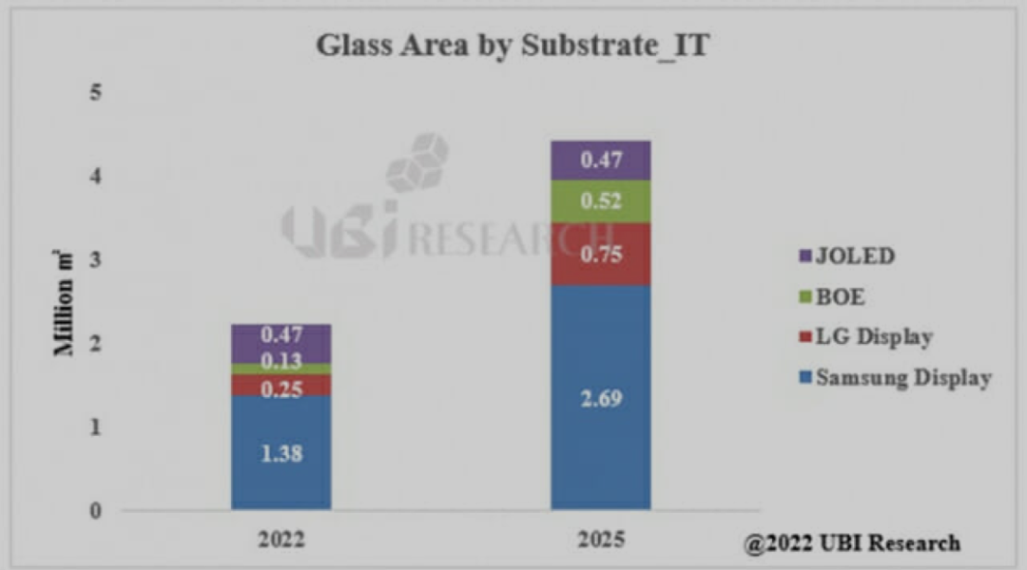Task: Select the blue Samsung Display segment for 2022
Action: point(281,427)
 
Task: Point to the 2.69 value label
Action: point(601,398)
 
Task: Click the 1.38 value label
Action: point(281,453)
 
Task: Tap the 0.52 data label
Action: point(601,201)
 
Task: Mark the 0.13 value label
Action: point(281,362)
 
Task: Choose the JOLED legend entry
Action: point(846,256)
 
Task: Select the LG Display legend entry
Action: point(864,337)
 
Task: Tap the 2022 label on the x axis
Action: point(281,540)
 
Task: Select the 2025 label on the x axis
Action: point(601,540)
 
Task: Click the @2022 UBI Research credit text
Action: point(851,543)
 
